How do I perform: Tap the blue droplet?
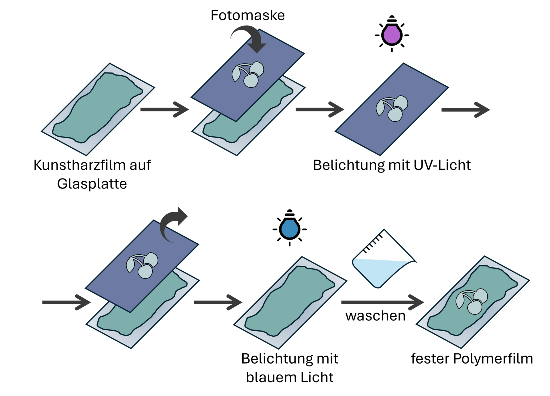click(x=290, y=229)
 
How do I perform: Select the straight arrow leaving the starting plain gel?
click(x=164, y=109)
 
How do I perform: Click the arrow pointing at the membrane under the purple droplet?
click(x=319, y=109)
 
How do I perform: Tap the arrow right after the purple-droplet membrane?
click(x=465, y=110)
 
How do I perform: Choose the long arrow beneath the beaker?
click(x=382, y=302)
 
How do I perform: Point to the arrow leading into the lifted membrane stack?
click(x=66, y=302)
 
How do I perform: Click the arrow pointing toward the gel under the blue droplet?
click(x=218, y=302)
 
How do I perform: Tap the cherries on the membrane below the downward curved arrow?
click(x=248, y=75)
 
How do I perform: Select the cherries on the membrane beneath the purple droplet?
click(x=392, y=108)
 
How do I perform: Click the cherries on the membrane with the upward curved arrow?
click(x=142, y=265)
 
